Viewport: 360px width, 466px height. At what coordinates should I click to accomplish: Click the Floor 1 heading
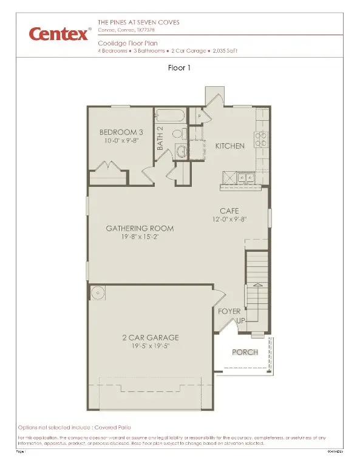(x=180, y=68)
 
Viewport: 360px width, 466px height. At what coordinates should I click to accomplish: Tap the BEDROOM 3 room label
(x=120, y=132)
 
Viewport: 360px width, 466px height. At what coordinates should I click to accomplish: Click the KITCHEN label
(x=230, y=146)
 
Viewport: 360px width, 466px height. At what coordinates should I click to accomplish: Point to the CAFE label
(x=229, y=211)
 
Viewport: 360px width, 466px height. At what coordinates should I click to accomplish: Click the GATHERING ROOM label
(x=140, y=228)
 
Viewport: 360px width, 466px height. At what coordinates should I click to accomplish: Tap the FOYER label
(x=229, y=311)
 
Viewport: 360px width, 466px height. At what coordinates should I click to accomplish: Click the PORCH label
(x=245, y=353)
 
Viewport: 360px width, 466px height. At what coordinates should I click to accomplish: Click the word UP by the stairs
(x=240, y=320)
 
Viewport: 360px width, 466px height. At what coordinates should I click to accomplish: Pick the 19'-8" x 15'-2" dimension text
(x=140, y=237)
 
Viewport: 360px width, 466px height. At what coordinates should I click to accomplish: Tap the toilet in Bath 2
(x=181, y=152)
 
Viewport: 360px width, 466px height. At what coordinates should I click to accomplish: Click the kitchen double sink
(x=245, y=177)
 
